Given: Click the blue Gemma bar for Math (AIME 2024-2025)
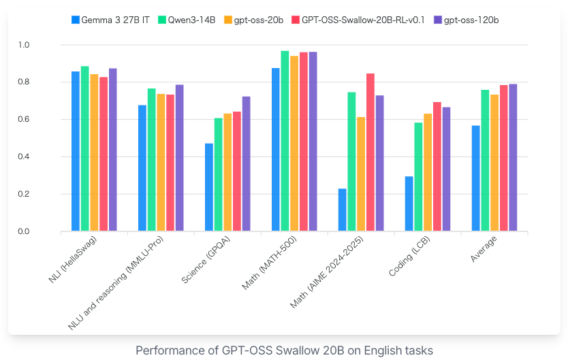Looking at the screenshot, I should coord(343,210).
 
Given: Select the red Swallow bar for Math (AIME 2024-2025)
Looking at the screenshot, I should coord(370,152).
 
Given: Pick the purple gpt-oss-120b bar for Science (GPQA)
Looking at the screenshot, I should coord(246,164).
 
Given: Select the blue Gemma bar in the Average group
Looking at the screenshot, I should coord(476,179).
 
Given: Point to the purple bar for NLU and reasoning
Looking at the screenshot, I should coord(179,159).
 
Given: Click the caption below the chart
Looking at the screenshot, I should coord(284,350).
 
